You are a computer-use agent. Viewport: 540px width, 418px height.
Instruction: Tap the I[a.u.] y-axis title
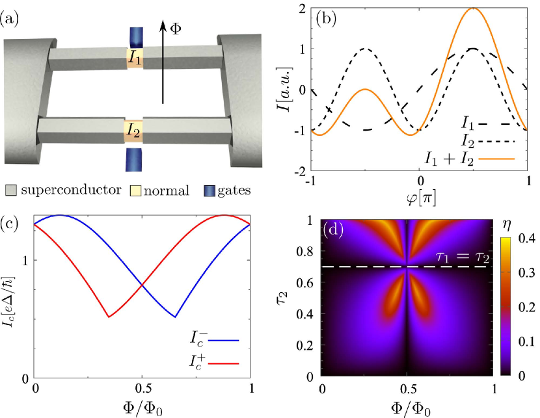(x=281, y=91)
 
